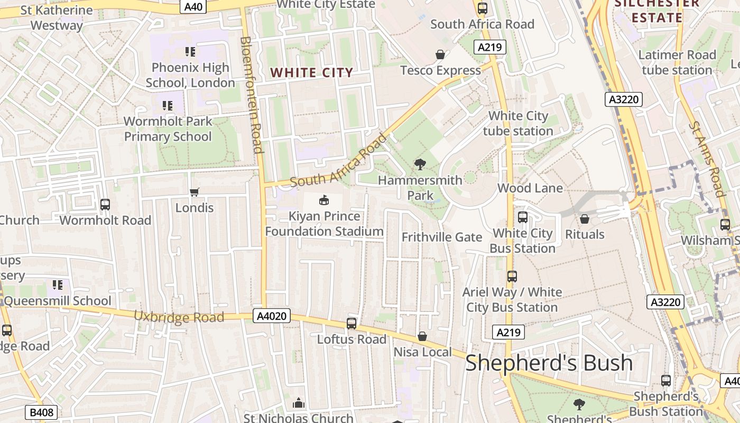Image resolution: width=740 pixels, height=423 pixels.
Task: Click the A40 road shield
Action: point(193,6)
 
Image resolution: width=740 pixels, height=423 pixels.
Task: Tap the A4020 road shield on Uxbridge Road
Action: point(272,316)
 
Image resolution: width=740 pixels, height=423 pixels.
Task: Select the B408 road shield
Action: point(41,412)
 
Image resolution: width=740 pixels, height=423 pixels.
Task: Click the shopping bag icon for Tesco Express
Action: point(440,54)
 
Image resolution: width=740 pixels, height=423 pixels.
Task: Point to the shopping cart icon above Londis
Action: point(195,192)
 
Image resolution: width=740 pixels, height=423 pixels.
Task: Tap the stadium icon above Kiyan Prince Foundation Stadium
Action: point(323,200)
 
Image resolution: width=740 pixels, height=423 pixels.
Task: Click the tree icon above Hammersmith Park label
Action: point(420,164)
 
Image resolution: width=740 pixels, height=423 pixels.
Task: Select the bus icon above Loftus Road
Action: point(351,323)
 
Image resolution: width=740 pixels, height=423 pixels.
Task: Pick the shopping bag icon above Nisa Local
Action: point(422,336)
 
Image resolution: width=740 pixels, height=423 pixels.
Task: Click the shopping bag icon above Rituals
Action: point(585,219)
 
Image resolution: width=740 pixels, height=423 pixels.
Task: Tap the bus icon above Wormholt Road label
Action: point(105,205)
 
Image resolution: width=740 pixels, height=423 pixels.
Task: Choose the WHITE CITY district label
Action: point(311,72)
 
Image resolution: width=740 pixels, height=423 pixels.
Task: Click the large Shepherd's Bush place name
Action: point(549,363)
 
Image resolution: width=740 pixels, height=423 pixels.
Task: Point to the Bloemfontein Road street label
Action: point(251,95)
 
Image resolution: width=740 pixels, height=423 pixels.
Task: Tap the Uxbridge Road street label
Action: point(179,317)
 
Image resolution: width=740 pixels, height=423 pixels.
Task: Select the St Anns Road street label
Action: point(706,159)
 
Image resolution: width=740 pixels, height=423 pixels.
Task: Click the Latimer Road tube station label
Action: point(677,62)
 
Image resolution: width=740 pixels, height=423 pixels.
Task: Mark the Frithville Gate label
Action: point(442,237)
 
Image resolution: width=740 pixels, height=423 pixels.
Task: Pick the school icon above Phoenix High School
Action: point(190,52)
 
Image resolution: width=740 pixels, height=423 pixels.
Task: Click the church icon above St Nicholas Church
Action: point(299,403)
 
